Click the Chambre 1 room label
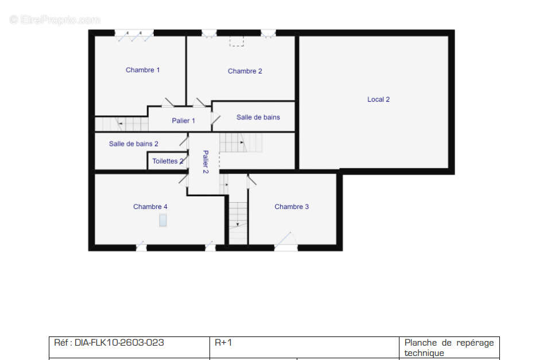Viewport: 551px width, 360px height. coord(143,70)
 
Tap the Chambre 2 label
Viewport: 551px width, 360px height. coord(245,71)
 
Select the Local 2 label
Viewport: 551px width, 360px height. coord(378,99)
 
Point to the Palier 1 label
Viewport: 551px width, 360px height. coord(183,121)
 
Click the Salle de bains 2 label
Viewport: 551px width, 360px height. coord(134,144)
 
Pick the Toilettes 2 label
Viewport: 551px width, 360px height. coord(168,161)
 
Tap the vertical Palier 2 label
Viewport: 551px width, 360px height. coord(205,162)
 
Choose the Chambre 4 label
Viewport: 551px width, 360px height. coord(150,207)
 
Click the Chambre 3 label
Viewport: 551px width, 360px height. coord(292,207)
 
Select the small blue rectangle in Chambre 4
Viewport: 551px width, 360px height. coord(162,220)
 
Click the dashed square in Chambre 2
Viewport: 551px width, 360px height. coord(236,41)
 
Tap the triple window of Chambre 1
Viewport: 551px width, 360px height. coord(134,34)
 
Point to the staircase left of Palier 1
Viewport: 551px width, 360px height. coord(122,124)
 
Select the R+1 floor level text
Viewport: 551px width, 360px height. coord(223,342)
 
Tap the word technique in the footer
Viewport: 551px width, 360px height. coord(424,353)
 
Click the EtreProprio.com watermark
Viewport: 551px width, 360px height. coord(55,20)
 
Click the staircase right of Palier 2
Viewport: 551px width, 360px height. coord(241,142)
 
